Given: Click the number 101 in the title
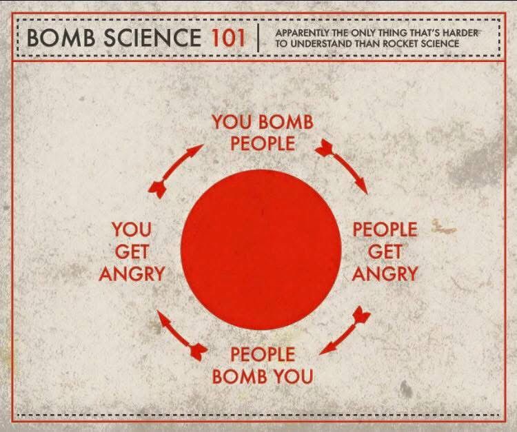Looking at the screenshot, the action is [228, 37].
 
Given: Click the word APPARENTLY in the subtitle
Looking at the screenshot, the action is [303, 33].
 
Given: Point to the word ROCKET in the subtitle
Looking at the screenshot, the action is [401, 43].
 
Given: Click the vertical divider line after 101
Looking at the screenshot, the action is [258, 37].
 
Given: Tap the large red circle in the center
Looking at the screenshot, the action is [261, 249].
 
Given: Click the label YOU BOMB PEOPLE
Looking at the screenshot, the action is [263, 132].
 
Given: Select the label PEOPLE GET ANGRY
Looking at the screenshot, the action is [385, 251].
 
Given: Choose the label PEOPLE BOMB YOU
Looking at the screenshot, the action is [263, 365].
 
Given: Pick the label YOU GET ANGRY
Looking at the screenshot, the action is [132, 251].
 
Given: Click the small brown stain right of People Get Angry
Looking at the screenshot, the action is [443, 227].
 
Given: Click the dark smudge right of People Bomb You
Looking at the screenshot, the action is [406, 389].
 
